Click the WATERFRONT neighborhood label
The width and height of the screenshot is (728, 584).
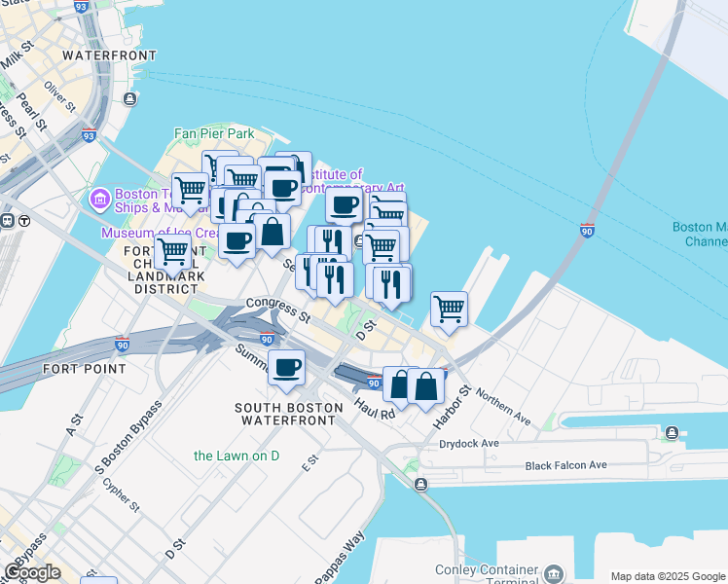(x=108, y=55)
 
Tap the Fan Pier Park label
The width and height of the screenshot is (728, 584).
(x=213, y=133)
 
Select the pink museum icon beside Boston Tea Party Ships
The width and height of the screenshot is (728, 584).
(x=98, y=201)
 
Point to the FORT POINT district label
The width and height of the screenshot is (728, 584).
(x=84, y=369)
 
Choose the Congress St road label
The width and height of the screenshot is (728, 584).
(x=277, y=310)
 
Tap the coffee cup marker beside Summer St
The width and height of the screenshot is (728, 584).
(x=286, y=368)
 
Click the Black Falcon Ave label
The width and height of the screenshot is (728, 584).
(x=566, y=465)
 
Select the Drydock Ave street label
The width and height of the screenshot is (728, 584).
(x=468, y=443)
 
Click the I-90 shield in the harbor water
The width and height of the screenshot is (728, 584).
(x=587, y=231)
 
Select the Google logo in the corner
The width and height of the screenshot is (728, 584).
(x=32, y=572)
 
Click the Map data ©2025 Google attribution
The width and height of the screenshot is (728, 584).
(x=668, y=576)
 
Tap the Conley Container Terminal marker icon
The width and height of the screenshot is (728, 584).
(x=555, y=572)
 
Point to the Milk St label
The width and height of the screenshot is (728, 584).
(x=18, y=58)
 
